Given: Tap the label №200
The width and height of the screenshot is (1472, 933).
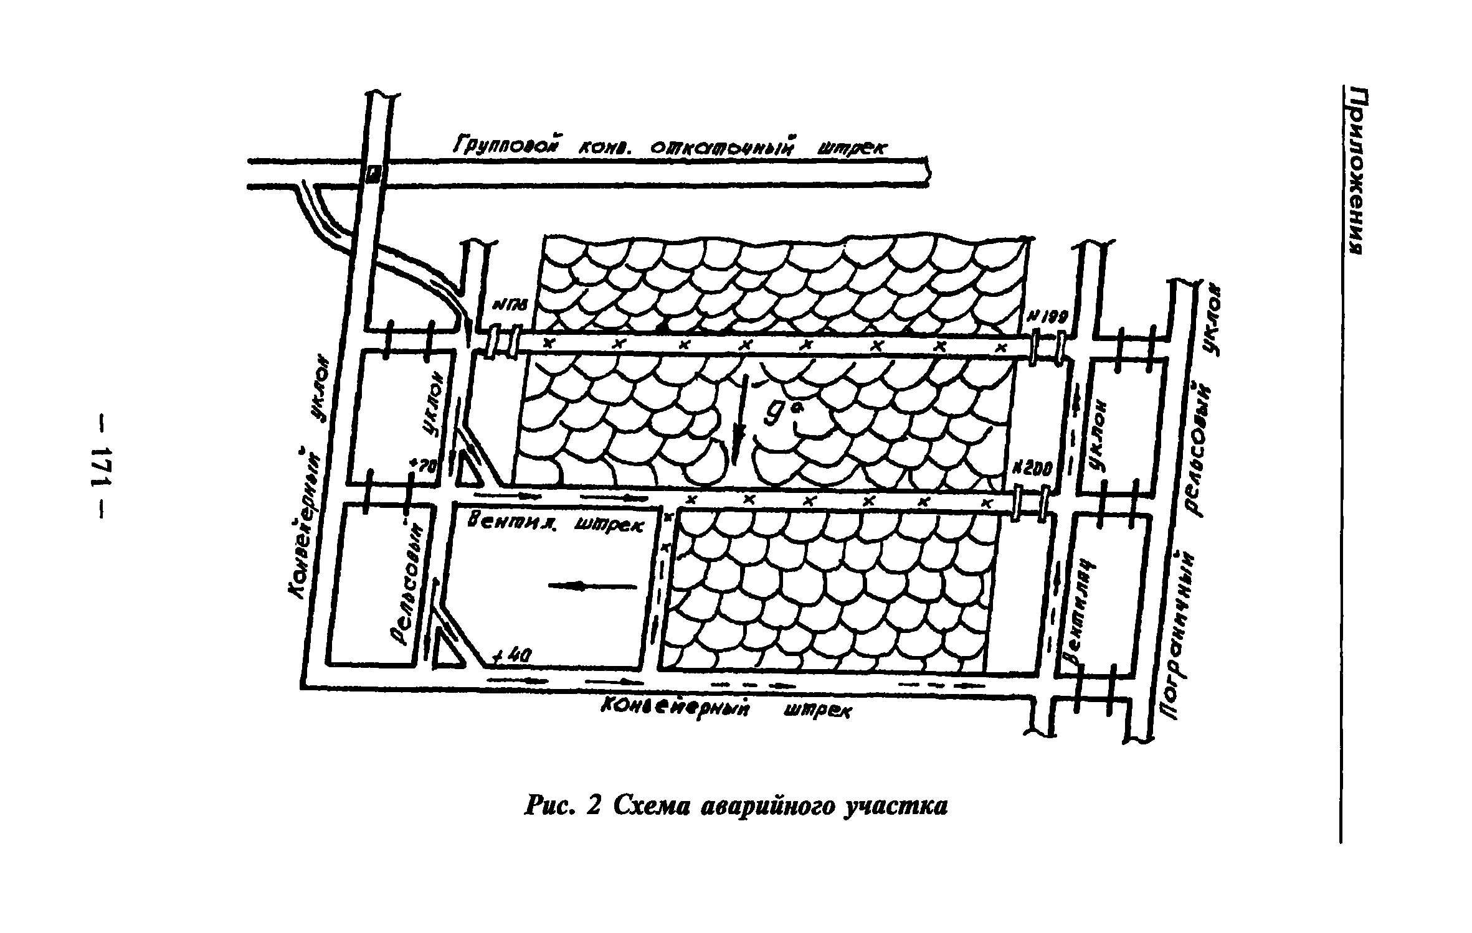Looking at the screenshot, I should point(1032,468).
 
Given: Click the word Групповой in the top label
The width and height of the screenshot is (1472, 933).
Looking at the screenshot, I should point(504,146).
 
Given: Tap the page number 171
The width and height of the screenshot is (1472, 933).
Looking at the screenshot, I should point(100,467).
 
